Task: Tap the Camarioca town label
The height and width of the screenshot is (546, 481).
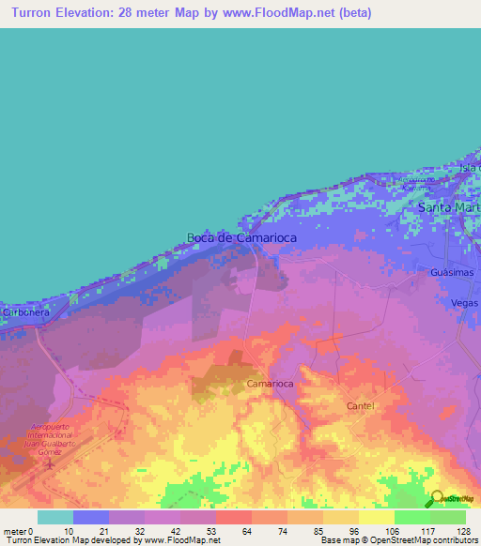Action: (272, 385)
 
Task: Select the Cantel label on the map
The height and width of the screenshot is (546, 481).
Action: (360, 406)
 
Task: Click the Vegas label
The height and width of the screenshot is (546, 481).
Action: (464, 303)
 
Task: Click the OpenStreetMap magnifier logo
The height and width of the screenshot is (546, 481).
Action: (437, 498)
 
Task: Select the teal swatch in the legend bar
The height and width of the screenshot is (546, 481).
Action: (54, 517)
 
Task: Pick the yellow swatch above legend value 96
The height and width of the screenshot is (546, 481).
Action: (340, 517)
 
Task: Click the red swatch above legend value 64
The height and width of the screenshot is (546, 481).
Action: (233, 517)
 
